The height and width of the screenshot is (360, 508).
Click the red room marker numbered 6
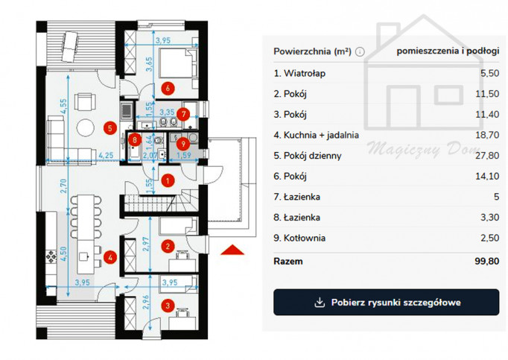point(168,88)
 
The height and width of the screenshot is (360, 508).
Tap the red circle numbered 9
point(183,143)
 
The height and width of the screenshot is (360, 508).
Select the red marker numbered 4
point(110,258)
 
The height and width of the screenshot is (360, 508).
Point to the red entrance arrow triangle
point(232,250)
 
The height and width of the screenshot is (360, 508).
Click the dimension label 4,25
point(106,155)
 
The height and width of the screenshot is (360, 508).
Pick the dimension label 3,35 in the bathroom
point(167,113)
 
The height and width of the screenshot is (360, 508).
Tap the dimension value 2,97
point(146,244)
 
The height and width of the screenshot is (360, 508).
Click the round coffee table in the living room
point(86,127)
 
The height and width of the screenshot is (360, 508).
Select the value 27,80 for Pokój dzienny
point(487,156)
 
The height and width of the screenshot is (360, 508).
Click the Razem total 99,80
point(487,261)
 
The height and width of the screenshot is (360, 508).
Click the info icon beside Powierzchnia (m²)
point(360,51)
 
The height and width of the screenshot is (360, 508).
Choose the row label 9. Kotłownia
point(299,238)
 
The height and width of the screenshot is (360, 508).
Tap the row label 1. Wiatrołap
point(299,73)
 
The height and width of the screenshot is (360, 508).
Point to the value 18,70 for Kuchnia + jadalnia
point(487,135)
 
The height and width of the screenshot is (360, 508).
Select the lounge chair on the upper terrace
point(70,46)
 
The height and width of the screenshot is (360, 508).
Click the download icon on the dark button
point(320,303)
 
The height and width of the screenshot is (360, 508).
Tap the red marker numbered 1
point(168,180)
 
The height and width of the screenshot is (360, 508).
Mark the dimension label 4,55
point(63,106)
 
